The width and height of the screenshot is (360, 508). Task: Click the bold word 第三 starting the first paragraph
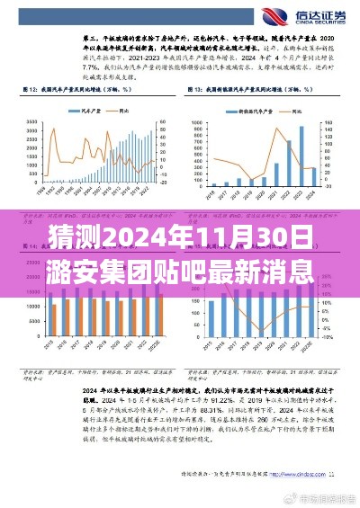[90, 40]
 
